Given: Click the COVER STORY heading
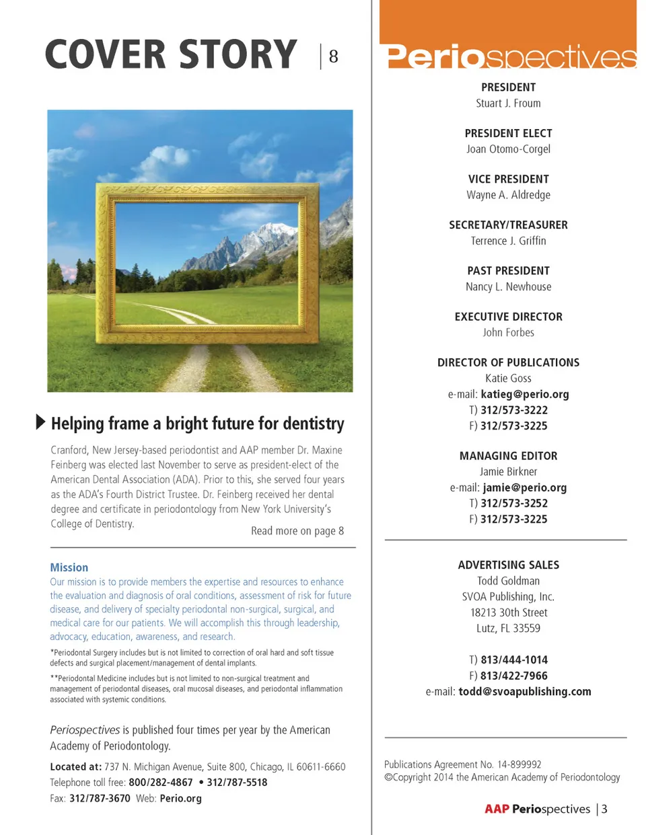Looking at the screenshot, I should pyautogui.click(x=171, y=55).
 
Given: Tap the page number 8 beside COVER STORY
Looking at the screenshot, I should pyautogui.click(x=333, y=56).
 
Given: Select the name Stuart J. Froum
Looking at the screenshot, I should pyautogui.click(x=508, y=104).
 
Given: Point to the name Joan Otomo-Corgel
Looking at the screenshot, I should pyautogui.click(x=508, y=149).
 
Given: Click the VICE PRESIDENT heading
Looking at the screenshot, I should pyautogui.click(x=508, y=179).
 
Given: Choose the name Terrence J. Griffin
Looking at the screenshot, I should pyautogui.click(x=508, y=241).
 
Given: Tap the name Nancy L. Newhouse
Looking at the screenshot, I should pyautogui.click(x=508, y=286).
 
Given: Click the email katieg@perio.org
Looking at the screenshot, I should pyautogui.click(x=524, y=394).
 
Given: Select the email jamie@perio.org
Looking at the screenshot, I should pyautogui.click(x=524, y=487).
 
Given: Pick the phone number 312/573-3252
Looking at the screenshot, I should pyautogui.click(x=513, y=503).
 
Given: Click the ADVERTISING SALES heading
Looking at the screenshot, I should pyautogui.click(x=508, y=565).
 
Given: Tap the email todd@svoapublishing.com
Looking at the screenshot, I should pyautogui.click(x=524, y=691).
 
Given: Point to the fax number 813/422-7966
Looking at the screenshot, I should pyautogui.click(x=513, y=676).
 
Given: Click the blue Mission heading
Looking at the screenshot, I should pyautogui.click(x=69, y=567).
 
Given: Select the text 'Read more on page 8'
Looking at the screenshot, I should pyautogui.click(x=297, y=530).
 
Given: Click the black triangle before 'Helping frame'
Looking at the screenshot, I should pyautogui.click(x=40, y=422).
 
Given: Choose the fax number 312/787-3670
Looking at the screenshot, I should pyautogui.click(x=100, y=798).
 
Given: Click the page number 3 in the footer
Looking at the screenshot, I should pyautogui.click(x=604, y=809).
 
